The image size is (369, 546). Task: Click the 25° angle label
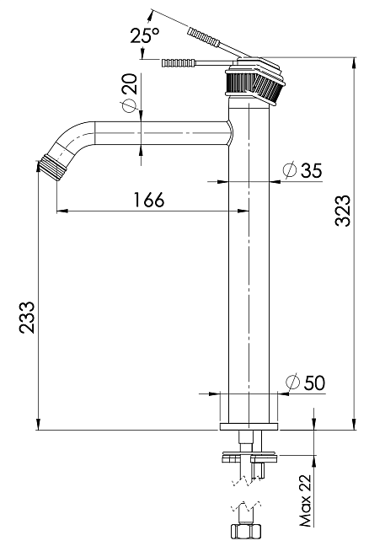[x=145, y=35]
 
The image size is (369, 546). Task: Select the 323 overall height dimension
[x=343, y=211]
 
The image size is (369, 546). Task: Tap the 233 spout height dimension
[x=27, y=317]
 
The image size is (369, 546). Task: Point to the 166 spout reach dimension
[x=149, y=200]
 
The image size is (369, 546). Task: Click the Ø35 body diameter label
[x=302, y=170]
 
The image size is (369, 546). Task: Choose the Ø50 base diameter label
[x=305, y=383]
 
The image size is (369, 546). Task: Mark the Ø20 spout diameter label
[x=129, y=93]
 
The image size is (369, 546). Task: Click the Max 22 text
[x=305, y=500]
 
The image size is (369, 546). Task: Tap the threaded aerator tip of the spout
[x=51, y=169]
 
